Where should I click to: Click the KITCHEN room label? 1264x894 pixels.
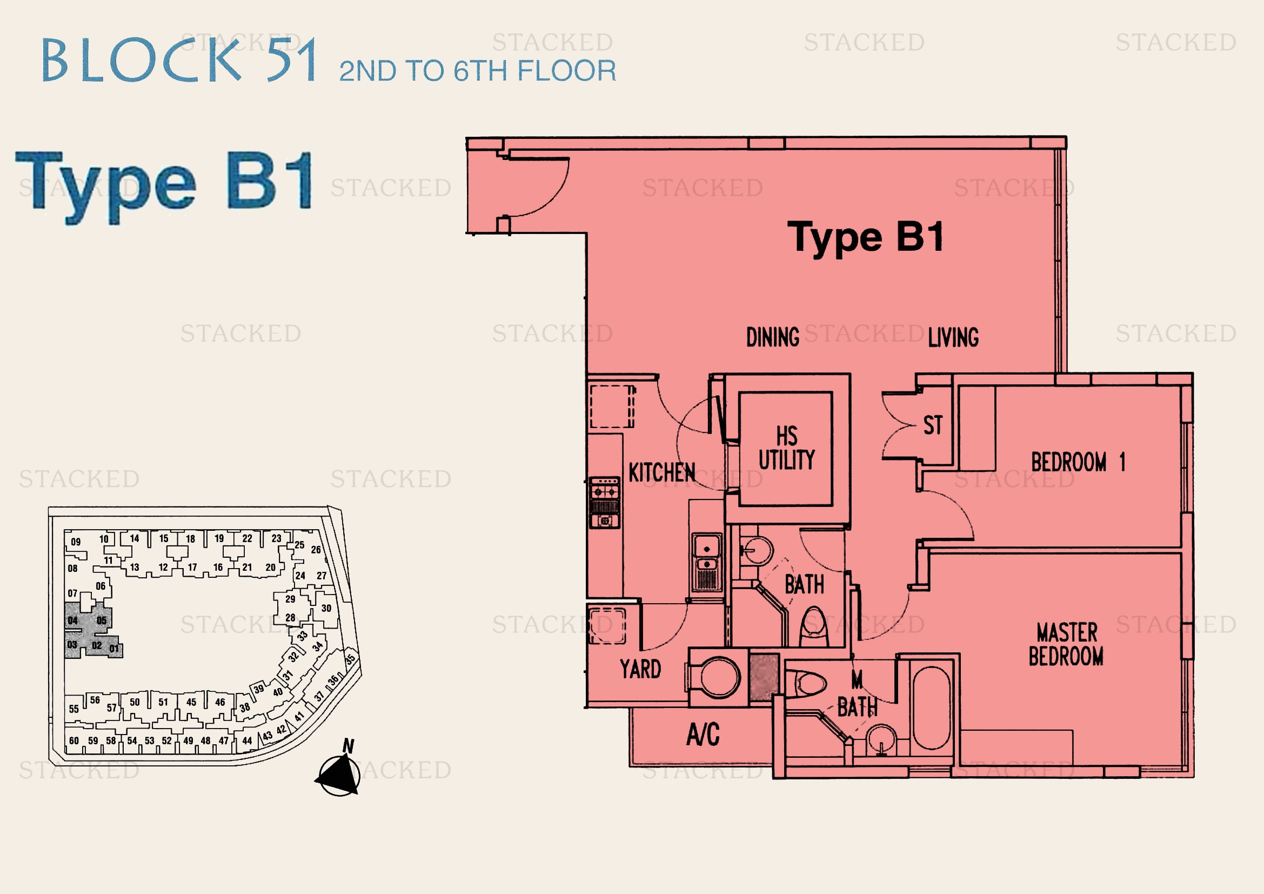(x=662, y=472)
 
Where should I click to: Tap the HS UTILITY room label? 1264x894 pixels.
(x=787, y=448)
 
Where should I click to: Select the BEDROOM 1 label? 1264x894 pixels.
(x=1078, y=462)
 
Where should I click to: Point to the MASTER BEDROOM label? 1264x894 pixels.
(x=1066, y=644)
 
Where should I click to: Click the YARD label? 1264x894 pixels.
(x=640, y=669)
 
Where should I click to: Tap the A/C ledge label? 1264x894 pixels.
(x=703, y=734)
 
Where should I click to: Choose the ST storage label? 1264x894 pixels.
(x=933, y=425)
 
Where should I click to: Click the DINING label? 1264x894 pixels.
(x=772, y=337)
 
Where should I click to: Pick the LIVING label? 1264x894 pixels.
(x=953, y=337)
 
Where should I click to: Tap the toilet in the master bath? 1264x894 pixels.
(x=806, y=684)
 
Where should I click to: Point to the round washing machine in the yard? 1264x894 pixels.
(x=719, y=677)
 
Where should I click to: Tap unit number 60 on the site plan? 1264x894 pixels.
(x=74, y=740)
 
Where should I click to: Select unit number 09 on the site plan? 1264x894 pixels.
(x=76, y=542)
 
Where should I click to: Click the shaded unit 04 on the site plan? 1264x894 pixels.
(x=72, y=621)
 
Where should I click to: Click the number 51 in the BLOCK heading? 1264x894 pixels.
(x=292, y=59)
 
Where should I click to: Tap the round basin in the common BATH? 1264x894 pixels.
(x=759, y=550)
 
